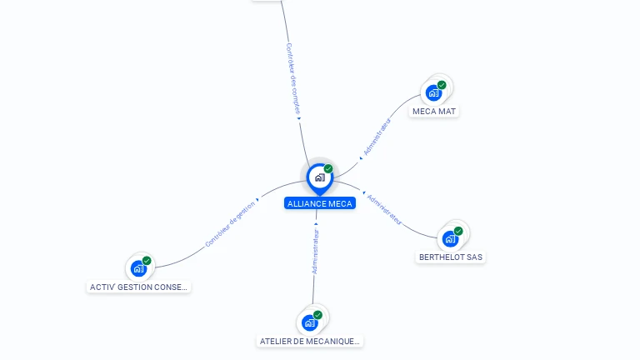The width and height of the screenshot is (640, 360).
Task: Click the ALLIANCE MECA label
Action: [x=320, y=203]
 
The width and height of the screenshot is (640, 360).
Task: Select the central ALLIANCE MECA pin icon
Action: [x=320, y=179]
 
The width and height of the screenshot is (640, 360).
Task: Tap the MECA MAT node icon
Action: [x=433, y=93]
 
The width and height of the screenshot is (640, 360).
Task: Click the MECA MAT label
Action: [x=434, y=112]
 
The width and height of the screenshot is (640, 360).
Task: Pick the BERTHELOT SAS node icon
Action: [x=450, y=239]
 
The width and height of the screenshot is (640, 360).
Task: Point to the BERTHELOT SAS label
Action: [x=451, y=257]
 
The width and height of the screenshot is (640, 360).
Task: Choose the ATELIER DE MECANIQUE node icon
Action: [x=310, y=322]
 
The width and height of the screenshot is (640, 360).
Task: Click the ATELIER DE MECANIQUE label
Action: [x=310, y=341]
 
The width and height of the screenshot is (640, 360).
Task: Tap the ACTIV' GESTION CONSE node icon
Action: [x=139, y=268]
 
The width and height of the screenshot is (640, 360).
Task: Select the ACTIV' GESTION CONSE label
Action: [x=138, y=287]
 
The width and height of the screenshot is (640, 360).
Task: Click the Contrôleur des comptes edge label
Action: [x=292, y=78]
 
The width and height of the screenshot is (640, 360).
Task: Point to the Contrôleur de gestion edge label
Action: [x=230, y=224]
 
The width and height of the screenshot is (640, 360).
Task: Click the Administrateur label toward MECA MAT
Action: [x=377, y=137]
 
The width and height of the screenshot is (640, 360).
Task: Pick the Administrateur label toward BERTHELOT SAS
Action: [x=384, y=210]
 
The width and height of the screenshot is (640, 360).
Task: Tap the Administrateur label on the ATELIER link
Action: [x=315, y=251]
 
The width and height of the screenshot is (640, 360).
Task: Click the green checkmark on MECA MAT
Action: [x=442, y=85]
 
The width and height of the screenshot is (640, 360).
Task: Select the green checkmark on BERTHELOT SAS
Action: [x=458, y=231]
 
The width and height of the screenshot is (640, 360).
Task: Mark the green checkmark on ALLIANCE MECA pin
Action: [x=328, y=168]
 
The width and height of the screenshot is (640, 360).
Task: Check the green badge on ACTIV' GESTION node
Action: [x=147, y=261]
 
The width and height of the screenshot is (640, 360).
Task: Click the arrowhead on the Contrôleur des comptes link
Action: [x=299, y=119]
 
